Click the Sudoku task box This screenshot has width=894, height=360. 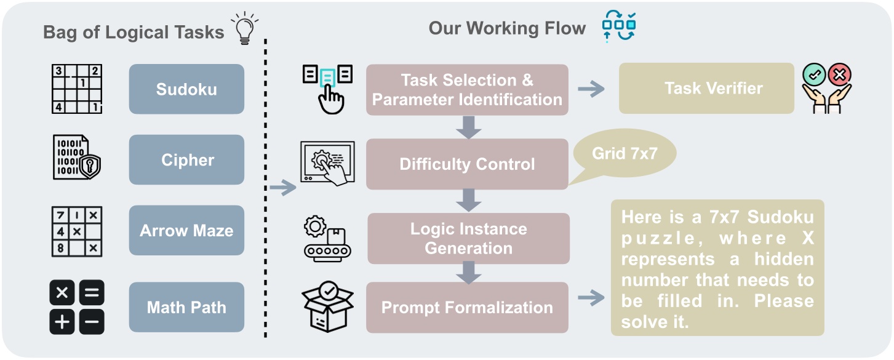tap(186, 89)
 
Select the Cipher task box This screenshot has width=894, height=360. tap(186, 160)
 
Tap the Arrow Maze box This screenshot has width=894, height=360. tap(186, 231)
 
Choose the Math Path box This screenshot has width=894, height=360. tap(186, 307)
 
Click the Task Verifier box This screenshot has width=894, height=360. tap(706, 88)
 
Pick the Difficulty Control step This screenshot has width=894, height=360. tap(467, 164)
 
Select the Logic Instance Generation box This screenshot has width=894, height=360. tap(468, 238)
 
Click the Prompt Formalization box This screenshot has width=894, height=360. tap(467, 307)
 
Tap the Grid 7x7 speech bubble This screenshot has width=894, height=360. tap(625, 154)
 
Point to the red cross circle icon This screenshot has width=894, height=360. tap(839, 76)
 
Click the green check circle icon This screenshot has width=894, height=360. tap(815, 76)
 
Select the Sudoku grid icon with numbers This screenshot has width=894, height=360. tap(76, 89)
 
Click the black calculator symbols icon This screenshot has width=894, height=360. tap(76, 307)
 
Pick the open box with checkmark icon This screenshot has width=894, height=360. tap(328, 307)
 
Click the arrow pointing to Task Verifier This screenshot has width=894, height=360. tap(591, 89)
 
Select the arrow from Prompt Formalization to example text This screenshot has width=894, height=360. tap(590, 299)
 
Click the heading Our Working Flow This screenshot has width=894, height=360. tap(507, 28)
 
